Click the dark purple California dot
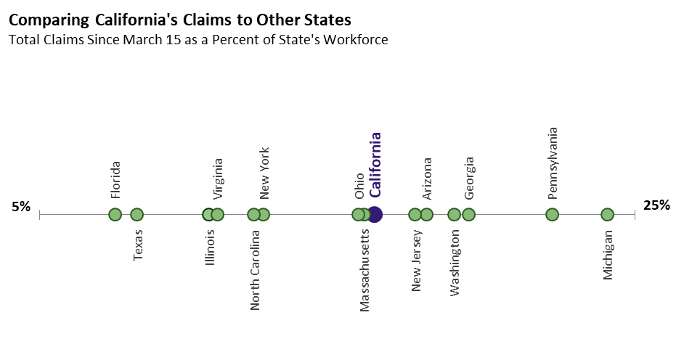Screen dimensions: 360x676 point(375,214)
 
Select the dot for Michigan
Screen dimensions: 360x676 point(608,214)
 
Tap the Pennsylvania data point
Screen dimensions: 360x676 point(552,214)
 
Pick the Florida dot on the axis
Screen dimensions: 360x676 point(115,214)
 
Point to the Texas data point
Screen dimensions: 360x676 point(137,214)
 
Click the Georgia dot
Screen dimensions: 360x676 point(468,214)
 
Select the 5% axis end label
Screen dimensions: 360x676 point(21,207)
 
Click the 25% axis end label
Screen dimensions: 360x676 point(656,205)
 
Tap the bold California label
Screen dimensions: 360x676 point(375,165)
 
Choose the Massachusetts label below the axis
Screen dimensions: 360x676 point(365,270)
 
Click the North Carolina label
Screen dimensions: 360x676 point(255,270)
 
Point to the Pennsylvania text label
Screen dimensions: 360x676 point(553,163)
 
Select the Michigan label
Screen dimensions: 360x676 point(608,255)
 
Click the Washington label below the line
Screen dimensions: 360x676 point(455,263)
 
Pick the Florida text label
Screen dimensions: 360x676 point(115,179)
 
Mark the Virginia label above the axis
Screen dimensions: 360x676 point(218,179)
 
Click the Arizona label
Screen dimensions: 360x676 point(427,179)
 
